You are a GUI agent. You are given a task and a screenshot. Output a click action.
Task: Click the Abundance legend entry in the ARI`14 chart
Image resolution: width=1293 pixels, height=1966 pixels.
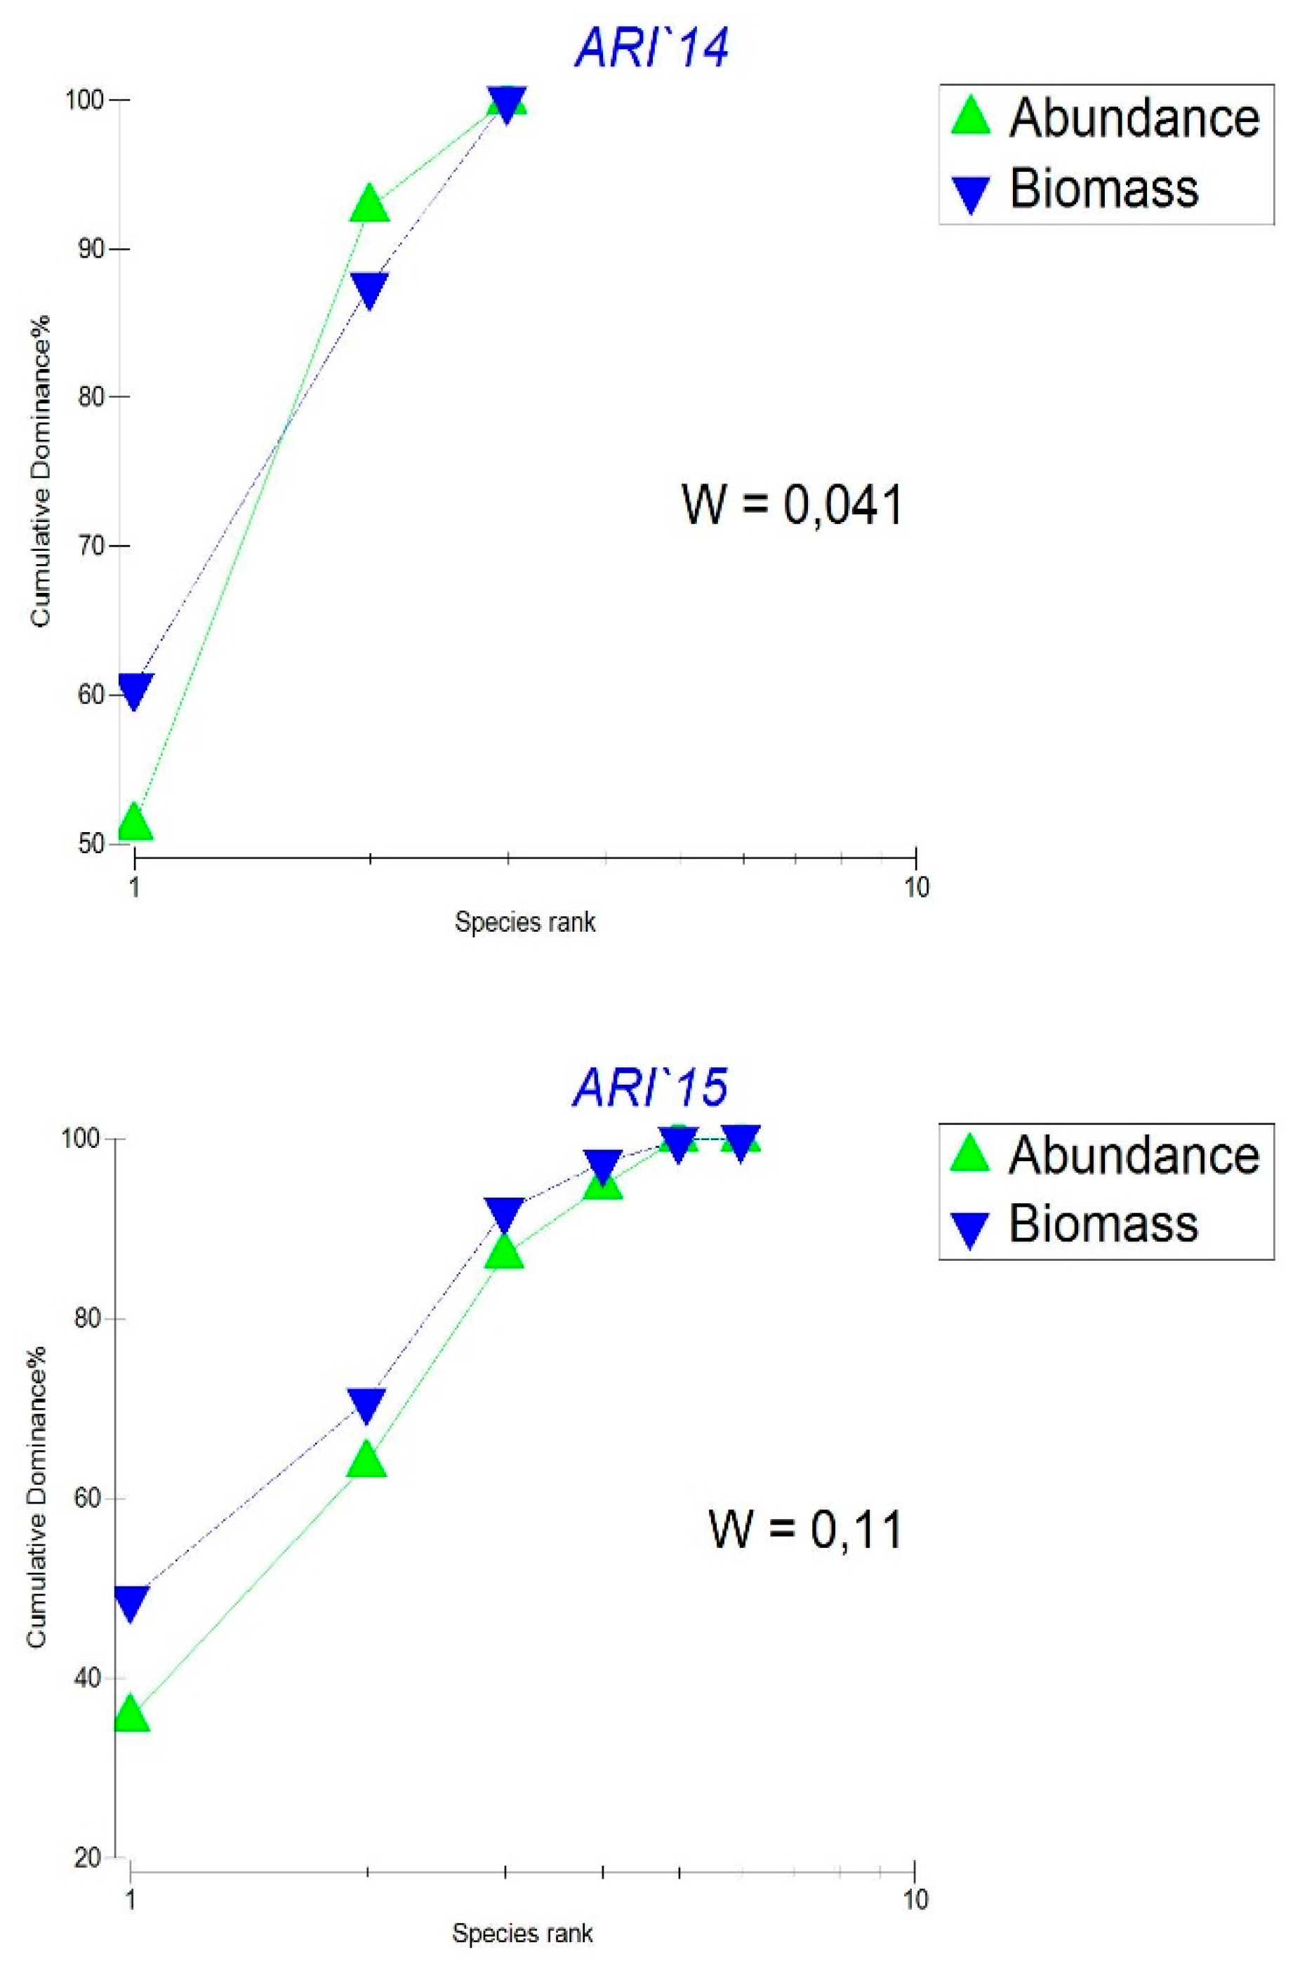pyautogui.click(x=1106, y=117)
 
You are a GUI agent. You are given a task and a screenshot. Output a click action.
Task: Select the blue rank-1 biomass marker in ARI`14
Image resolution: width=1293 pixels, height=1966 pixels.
pyautogui.click(x=135, y=690)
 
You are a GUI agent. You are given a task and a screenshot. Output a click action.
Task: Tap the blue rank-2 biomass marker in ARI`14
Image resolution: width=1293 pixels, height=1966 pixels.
pyautogui.click(x=369, y=289)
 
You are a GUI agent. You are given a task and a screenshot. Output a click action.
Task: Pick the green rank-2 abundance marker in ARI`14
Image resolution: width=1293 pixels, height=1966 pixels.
pyautogui.click(x=369, y=204)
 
